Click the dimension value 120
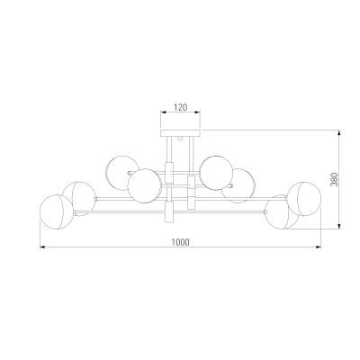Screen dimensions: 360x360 click(181, 107)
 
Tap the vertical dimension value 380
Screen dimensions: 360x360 click(335, 179)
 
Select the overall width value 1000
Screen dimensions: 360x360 click(181, 242)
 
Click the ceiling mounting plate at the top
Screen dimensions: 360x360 click(180, 133)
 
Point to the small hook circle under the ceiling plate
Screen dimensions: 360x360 click(180, 139)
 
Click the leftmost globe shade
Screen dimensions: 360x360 click(57, 212)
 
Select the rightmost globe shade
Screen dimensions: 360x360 click(305, 199)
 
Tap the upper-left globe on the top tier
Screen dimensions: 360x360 click(122, 173)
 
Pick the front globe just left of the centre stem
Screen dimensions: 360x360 click(144, 185)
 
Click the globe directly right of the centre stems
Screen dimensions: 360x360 click(217, 173)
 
